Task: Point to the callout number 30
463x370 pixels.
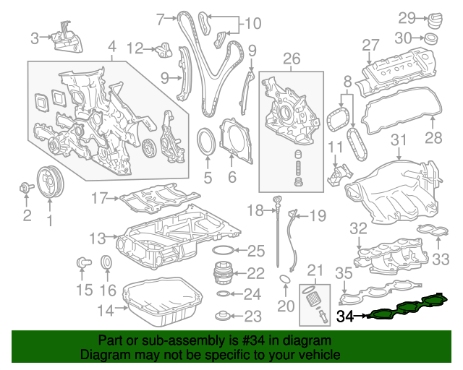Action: coord(406,37)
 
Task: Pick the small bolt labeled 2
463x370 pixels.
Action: coord(26,190)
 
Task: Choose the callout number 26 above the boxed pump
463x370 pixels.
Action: coord(291,58)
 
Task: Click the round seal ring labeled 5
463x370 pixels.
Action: coord(207,139)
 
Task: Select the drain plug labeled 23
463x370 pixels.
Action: coord(224,316)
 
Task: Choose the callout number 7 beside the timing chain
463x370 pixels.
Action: coord(161,15)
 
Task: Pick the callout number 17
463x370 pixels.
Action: coord(98,197)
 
